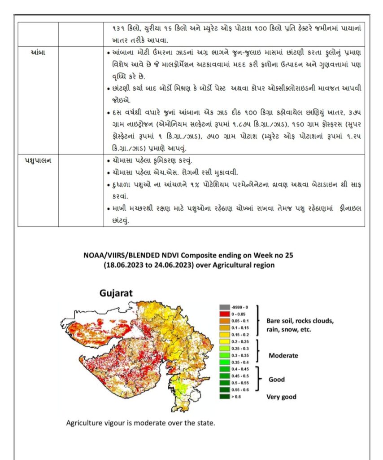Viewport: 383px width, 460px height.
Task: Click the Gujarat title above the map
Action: pyautogui.click(x=116, y=293)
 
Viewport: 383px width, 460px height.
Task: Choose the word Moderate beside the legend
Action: pyautogui.click(x=283, y=355)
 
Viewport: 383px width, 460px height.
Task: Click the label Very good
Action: pyautogui.click(x=282, y=397)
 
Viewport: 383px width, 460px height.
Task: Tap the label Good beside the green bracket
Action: pyautogui.click(x=277, y=380)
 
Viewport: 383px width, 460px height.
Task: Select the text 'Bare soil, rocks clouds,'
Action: pyautogui.click(x=300, y=321)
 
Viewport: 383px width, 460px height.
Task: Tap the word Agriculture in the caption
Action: pyautogui.click(x=83, y=423)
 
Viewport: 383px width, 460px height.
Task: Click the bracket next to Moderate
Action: pyautogui.click(x=259, y=351)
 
